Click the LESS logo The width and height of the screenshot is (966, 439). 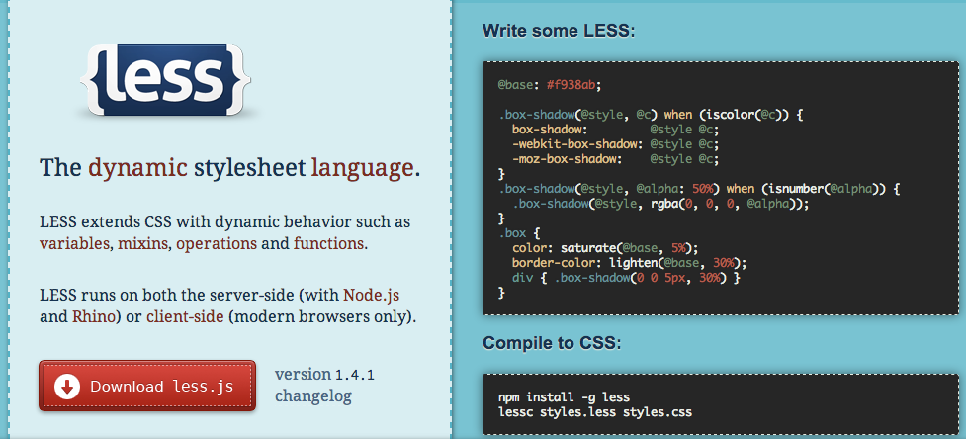point(165,81)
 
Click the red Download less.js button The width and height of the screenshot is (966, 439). point(147,386)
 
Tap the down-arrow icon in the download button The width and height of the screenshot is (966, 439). point(67,387)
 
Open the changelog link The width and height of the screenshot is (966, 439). point(313,395)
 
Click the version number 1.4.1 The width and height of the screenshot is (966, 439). point(355,375)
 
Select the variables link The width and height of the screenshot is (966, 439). point(74,243)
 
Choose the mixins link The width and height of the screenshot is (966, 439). point(143,243)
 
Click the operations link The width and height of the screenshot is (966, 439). point(217,244)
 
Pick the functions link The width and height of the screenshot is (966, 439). point(328,243)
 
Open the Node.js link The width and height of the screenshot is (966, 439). point(372,295)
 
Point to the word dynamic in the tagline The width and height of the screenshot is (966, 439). point(137,168)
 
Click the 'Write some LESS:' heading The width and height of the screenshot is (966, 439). point(559,31)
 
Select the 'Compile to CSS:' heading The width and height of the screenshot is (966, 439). point(552,343)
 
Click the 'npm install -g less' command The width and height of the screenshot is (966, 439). point(564,397)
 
